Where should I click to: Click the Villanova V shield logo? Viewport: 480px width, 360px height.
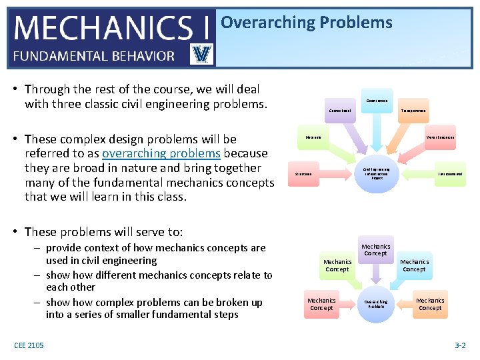[201, 53]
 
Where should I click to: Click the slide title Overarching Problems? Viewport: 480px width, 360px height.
[306, 23]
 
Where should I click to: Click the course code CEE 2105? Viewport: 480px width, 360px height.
[29, 345]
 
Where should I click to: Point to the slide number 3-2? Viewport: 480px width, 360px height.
[460, 345]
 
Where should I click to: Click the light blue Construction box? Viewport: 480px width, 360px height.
[377, 101]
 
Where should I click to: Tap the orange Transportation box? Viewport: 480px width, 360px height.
[413, 111]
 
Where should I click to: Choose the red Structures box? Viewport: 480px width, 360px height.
[304, 174]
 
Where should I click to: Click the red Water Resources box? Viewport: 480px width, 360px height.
[440, 137]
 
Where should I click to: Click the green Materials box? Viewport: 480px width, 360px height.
[313, 137]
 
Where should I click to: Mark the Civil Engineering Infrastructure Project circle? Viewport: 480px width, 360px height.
[377, 174]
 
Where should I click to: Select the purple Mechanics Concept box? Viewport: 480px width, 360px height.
[375, 249]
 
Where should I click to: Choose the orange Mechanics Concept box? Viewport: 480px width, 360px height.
[429, 304]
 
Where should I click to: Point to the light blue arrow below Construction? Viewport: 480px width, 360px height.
[377, 133]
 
